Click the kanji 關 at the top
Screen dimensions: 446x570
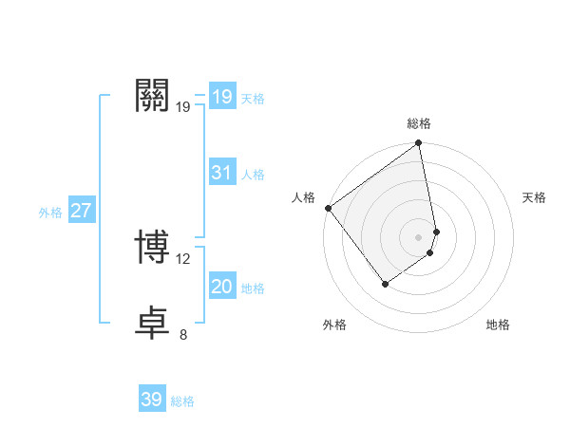click(153, 96)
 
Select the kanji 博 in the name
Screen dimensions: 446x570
click(153, 248)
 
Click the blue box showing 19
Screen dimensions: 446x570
click(221, 97)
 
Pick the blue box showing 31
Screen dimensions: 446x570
click(221, 173)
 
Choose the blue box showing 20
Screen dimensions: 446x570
click(221, 287)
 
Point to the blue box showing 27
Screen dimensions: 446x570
click(81, 211)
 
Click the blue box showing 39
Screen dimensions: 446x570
click(151, 400)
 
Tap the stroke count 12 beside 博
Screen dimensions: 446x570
click(184, 259)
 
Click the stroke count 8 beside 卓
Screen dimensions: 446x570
click(183, 334)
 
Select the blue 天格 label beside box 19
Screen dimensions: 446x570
click(253, 99)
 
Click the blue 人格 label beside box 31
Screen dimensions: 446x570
click(253, 175)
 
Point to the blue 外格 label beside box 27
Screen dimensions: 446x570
click(50, 213)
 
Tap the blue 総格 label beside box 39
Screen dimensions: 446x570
click(182, 401)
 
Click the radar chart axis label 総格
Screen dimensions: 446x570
click(419, 123)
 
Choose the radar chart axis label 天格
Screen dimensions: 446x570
click(534, 197)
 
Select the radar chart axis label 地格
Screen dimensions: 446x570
click(498, 325)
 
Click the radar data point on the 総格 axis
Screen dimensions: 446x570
click(419, 144)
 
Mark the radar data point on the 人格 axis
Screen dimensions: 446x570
click(328, 208)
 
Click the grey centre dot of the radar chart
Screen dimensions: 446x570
click(419, 236)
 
